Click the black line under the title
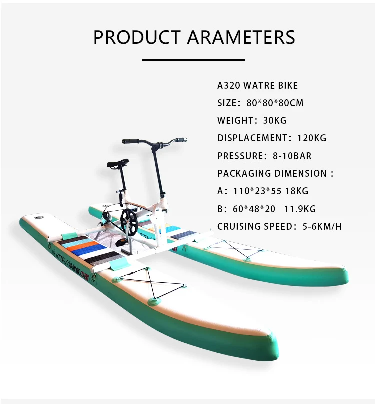click(193, 60)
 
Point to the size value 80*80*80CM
click(275, 103)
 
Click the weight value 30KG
click(274, 120)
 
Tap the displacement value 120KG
click(309, 138)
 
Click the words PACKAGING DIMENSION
click(272, 173)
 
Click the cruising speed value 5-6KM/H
click(322, 226)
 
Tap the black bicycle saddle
click(117, 163)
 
